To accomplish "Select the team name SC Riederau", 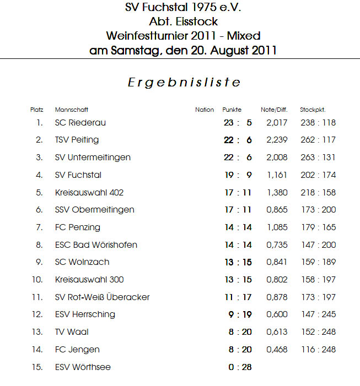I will coord(80,122).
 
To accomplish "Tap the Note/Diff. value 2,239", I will coord(277,140).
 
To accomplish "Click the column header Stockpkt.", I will coord(313,110).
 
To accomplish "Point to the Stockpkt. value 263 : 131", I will coord(318,157).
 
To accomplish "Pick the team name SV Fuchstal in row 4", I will coord(78,175).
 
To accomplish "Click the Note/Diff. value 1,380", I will coord(277,193).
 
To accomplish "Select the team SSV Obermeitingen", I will coord(95,210).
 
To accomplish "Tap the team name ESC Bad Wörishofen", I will coord(96,244).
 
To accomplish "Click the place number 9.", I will coord(39,262).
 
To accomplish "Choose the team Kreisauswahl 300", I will coord(89,280).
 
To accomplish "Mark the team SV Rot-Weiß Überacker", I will coord(103,297).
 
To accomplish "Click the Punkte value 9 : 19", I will coord(240,314).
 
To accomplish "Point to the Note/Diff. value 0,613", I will coord(277,332).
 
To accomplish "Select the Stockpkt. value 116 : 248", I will coord(318,350).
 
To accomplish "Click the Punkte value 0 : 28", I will coord(240,367).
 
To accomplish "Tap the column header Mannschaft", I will coord(72,110).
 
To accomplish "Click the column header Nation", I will coord(205,110).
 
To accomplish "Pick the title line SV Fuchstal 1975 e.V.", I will coord(184,8).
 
